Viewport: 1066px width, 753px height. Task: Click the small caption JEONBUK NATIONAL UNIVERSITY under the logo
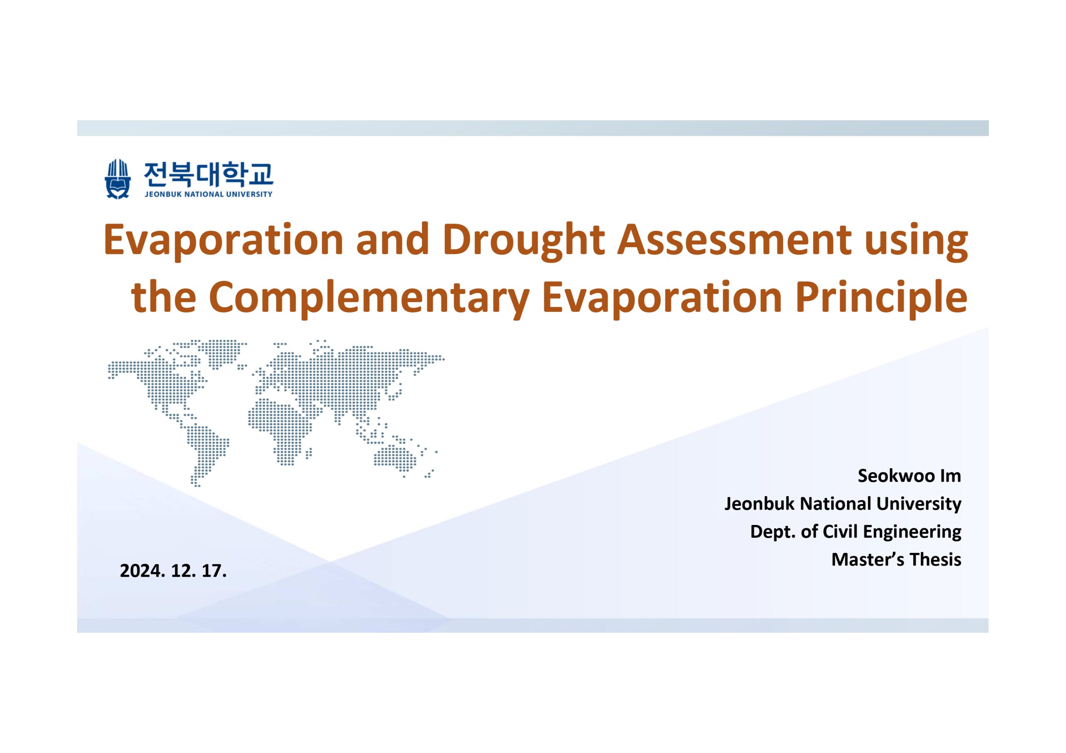pyautogui.click(x=209, y=194)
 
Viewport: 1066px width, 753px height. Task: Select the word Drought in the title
pyautogui.click(x=523, y=241)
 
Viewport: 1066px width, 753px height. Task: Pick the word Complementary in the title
pyautogui.click(x=369, y=298)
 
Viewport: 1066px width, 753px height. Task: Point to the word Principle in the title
pyautogui.click(x=882, y=298)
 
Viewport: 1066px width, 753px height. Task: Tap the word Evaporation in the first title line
pyautogui.click(x=223, y=241)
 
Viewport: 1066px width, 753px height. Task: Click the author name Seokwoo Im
pyautogui.click(x=909, y=475)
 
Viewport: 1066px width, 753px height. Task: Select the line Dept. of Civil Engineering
pyautogui.click(x=856, y=532)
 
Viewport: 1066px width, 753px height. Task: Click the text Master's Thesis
pyautogui.click(x=896, y=559)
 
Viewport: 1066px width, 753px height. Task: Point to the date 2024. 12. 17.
pyautogui.click(x=173, y=571)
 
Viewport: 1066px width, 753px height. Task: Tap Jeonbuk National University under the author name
pyautogui.click(x=843, y=504)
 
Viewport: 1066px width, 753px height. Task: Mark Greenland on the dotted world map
pyautogui.click(x=226, y=353)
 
